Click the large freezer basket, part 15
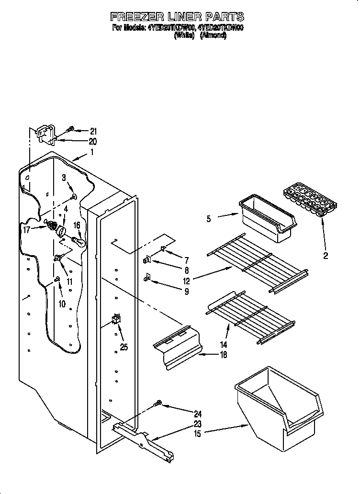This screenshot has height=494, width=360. click(x=278, y=407)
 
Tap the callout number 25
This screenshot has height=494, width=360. click(x=124, y=347)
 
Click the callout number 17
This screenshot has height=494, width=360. click(x=27, y=230)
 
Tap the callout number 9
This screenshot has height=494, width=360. click(x=186, y=291)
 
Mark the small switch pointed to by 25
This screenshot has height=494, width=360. click(x=115, y=319)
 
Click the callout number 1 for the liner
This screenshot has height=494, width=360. click(x=92, y=153)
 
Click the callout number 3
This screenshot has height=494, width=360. click(x=64, y=178)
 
